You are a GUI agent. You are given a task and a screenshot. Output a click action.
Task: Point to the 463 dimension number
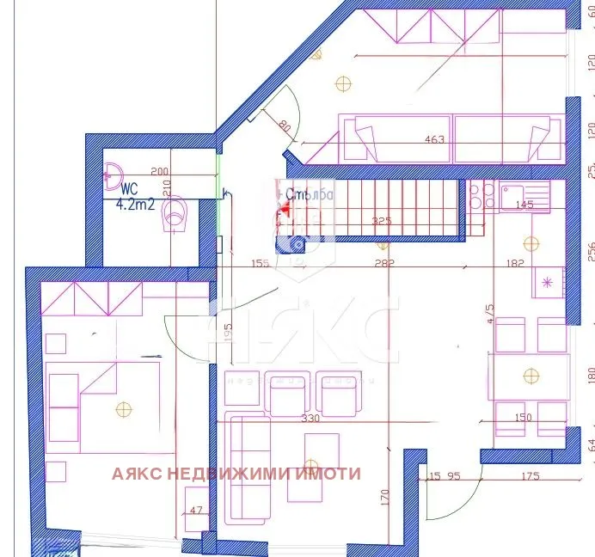tap(435, 139)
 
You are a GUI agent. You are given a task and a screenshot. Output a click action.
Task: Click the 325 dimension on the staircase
tap(380, 221)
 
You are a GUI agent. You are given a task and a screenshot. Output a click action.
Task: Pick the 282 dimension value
tap(383, 264)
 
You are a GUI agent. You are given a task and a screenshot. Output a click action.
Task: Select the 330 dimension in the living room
tap(310, 419)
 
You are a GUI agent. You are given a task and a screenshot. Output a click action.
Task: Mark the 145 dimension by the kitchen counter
tap(523, 205)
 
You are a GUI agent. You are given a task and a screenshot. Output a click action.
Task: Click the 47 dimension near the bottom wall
tap(196, 511)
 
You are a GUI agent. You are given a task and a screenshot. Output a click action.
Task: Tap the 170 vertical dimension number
tap(384, 497)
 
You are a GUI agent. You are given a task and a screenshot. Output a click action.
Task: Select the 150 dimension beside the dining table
tap(521, 418)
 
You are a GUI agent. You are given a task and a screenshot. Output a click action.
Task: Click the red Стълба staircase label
tap(309, 194)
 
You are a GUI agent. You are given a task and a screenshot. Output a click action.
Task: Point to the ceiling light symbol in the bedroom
tap(124, 409)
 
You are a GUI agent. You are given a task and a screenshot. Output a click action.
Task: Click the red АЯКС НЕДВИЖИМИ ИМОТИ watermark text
tap(236, 474)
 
